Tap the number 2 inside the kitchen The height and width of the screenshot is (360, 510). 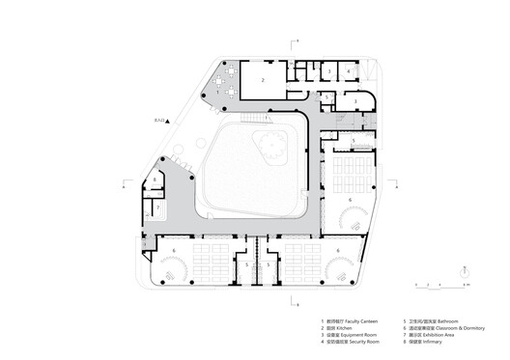[262, 81]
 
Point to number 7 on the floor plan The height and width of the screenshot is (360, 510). [156, 206]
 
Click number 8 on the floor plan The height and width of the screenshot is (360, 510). [155, 180]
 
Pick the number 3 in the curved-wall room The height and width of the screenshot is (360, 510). [356, 100]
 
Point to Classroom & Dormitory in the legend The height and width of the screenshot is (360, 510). [462, 327]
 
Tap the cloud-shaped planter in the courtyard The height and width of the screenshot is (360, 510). [269, 147]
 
